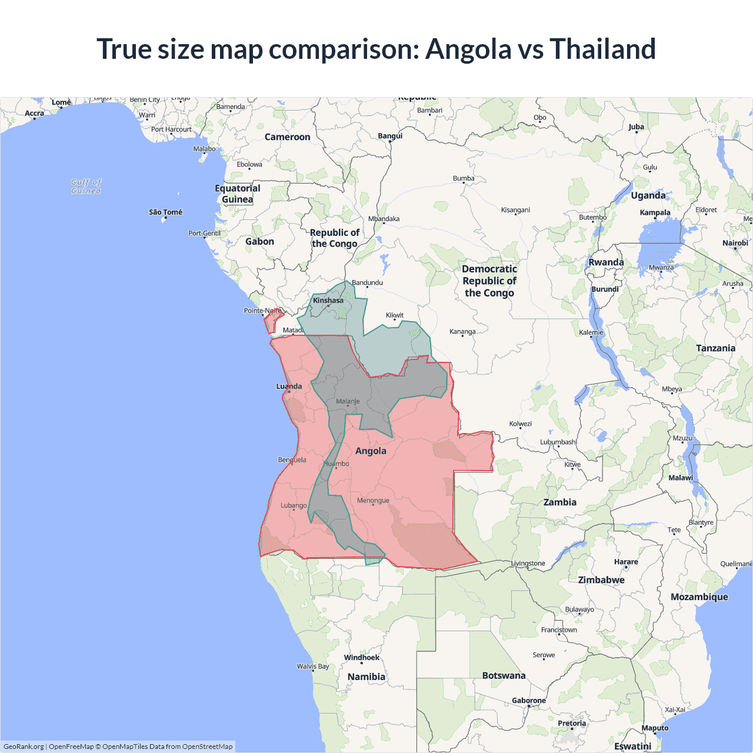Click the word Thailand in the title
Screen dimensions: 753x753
point(602,49)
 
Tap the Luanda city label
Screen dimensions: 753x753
point(289,387)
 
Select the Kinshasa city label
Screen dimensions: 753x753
point(328,301)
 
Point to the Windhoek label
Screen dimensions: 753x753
point(362,658)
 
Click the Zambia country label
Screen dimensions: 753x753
point(559,502)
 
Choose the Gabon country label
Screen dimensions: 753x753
point(259,242)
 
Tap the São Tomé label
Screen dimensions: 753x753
point(165,212)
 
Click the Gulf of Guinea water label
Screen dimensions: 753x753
point(86,186)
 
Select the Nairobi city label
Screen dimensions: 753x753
point(735,243)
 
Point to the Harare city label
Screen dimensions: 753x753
point(626,562)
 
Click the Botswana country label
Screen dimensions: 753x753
point(504,675)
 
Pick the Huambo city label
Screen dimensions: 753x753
point(336,464)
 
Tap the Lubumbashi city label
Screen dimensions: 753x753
point(558,442)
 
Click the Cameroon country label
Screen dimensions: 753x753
point(287,137)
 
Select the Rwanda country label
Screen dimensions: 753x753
point(606,262)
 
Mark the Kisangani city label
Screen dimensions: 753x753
point(515,210)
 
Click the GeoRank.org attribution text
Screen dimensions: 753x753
point(24,747)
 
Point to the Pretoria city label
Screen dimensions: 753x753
point(571,724)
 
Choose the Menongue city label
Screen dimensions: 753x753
point(373,501)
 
